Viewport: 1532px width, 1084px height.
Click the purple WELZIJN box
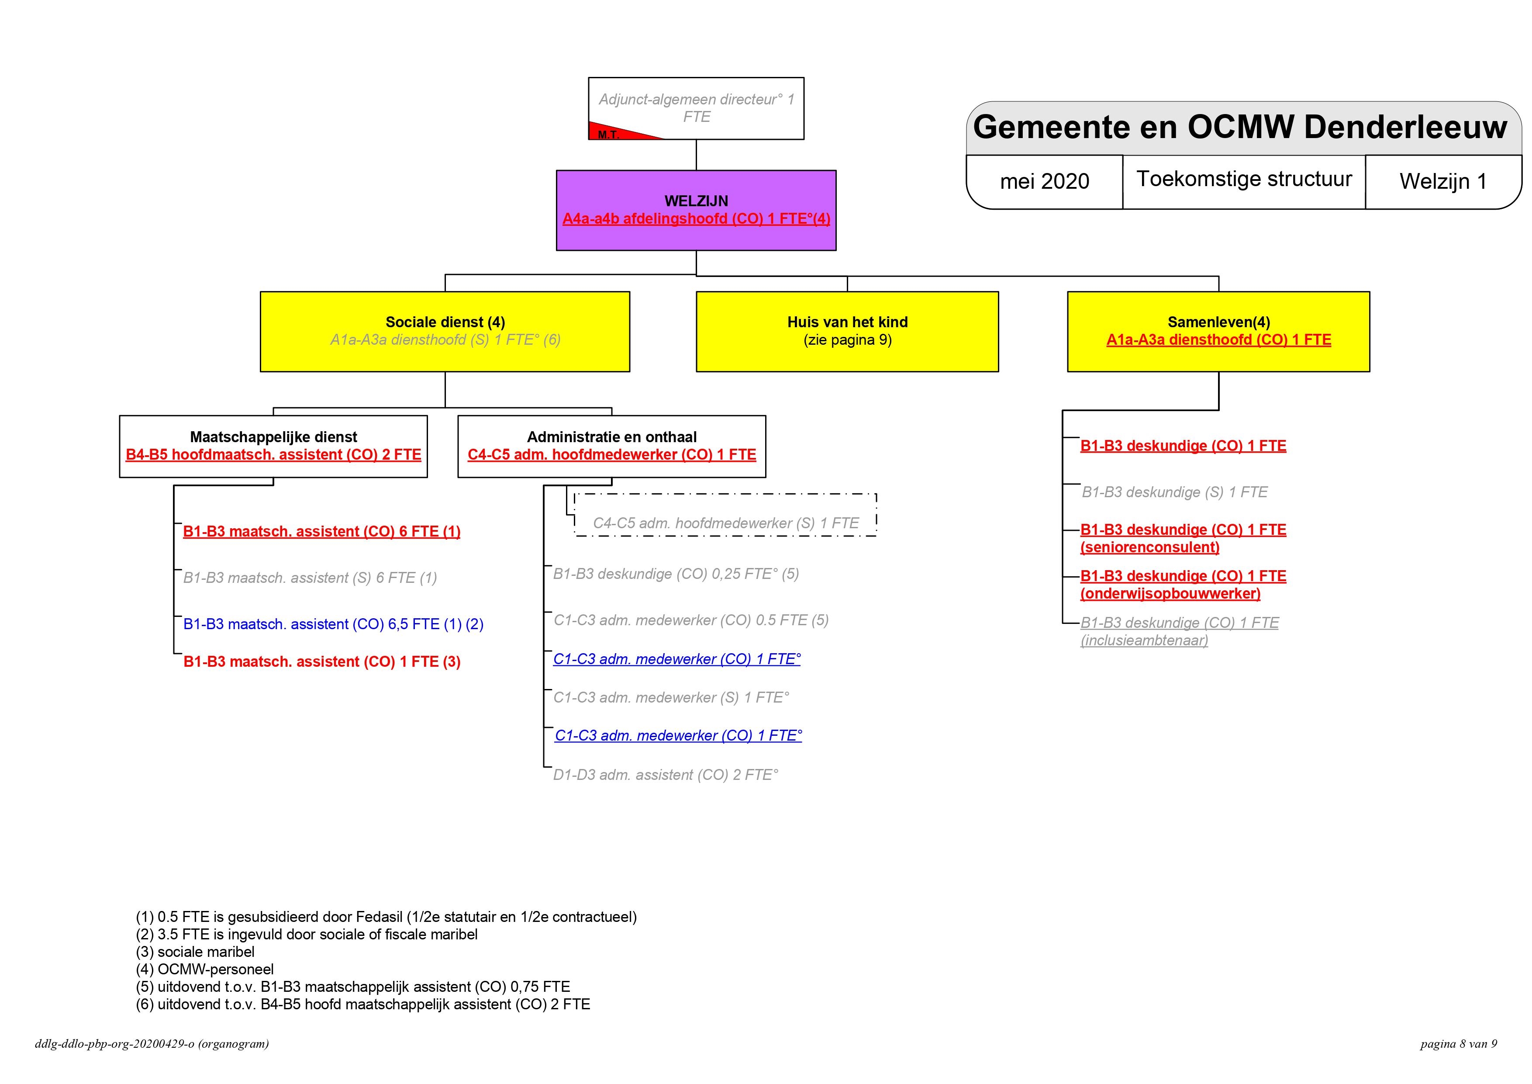696,210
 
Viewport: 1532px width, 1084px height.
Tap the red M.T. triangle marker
614,132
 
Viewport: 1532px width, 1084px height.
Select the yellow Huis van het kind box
847,331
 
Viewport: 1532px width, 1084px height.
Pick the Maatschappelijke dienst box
273,446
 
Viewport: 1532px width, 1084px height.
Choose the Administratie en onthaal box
611,446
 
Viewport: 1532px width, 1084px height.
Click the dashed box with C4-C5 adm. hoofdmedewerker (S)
725,515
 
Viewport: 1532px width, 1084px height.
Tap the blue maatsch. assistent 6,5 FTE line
333,624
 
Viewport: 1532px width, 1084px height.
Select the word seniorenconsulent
1150,547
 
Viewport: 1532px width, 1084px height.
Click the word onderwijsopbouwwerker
1170,593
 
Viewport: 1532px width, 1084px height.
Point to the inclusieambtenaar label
1144,640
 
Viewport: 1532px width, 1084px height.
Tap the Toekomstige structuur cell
1244,179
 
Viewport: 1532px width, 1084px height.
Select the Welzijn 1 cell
1443,181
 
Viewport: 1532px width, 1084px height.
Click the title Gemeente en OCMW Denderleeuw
1240,127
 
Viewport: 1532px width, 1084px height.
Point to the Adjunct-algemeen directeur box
696,108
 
